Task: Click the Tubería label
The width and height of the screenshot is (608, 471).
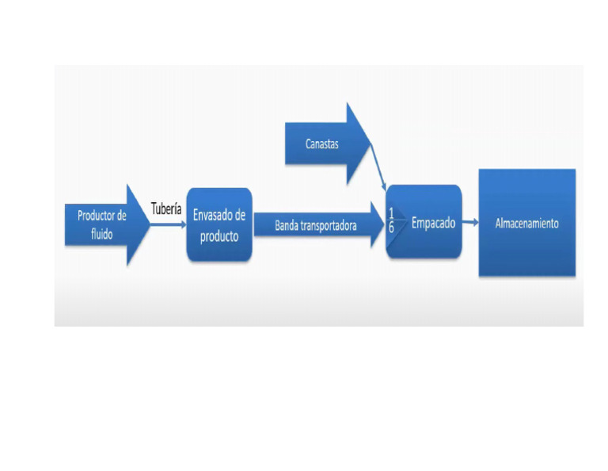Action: pyautogui.click(x=167, y=209)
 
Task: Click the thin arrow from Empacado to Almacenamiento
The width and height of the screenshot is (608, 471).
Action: pyautogui.click(x=471, y=224)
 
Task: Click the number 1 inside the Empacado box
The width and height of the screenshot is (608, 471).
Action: pyautogui.click(x=391, y=214)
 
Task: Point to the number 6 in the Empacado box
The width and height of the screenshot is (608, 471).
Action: pyautogui.click(x=391, y=228)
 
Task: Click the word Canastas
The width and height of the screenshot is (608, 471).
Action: pyautogui.click(x=322, y=144)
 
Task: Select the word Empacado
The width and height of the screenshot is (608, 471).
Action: pyautogui.click(x=433, y=224)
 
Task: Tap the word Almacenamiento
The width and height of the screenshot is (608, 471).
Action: pyautogui.click(x=526, y=224)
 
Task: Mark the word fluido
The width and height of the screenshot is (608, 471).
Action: pyautogui.click(x=101, y=235)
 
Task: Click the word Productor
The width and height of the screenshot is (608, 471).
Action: pyautogui.click(x=95, y=216)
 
